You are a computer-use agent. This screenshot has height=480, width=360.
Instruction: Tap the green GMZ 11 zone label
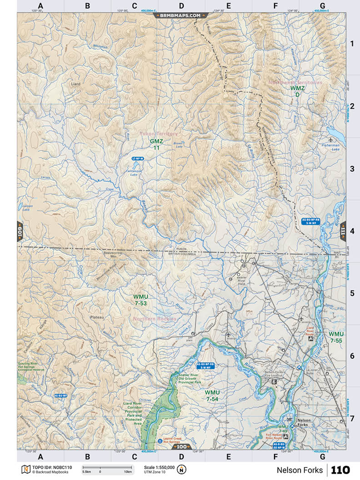pos(156,145)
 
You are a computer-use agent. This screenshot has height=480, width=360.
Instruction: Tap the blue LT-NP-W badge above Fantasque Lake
pos(137,159)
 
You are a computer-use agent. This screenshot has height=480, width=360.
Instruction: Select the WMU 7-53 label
pos(141,300)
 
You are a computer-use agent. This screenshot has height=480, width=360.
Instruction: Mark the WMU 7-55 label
pos(336,337)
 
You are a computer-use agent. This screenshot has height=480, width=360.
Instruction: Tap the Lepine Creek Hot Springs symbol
pos(160,441)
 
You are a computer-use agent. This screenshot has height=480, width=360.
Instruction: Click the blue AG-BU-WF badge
pos(60,396)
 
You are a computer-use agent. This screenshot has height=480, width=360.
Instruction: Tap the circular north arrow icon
pos(182,470)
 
